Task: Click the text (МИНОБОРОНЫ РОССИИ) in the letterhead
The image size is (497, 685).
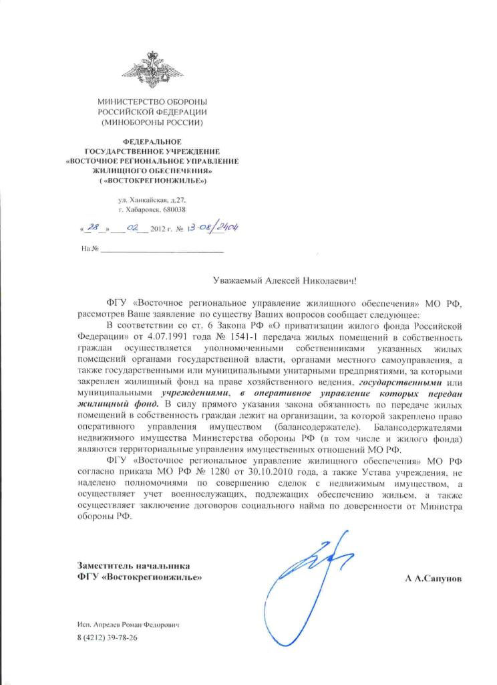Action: click(x=152, y=124)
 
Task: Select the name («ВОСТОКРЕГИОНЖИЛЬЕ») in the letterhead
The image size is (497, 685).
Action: click(x=152, y=181)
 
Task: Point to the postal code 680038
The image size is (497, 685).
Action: click(x=170, y=209)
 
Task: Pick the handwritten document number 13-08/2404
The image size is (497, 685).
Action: click(x=215, y=227)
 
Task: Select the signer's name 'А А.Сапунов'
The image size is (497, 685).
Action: click(x=432, y=577)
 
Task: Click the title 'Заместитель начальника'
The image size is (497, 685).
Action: click(x=134, y=565)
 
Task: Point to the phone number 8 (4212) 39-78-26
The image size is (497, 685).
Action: click(x=107, y=638)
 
